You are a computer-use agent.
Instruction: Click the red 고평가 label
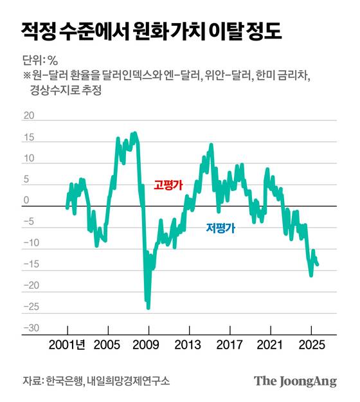click(168, 185)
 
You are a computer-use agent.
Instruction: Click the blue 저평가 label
click(220, 228)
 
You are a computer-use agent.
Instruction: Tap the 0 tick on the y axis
click(27, 201)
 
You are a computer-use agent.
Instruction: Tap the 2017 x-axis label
click(230, 344)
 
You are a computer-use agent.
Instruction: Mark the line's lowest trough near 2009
click(148, 307)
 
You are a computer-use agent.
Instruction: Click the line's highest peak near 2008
click(134, 133)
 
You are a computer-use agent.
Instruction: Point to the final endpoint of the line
click(318, 264)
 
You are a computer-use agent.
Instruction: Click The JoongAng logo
click(295, 380)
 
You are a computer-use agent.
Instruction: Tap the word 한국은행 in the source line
click(64, 381)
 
